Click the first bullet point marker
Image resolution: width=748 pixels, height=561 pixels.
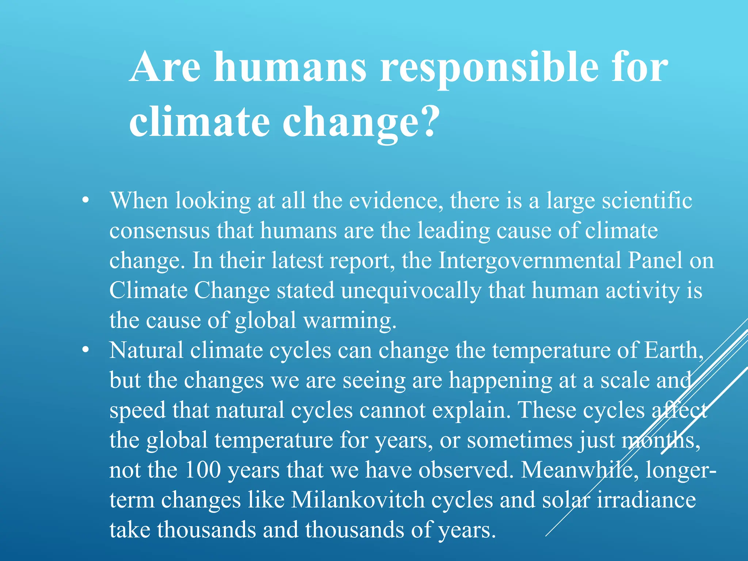click(x=85, y=200)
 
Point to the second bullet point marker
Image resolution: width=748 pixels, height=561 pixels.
click(x=85, y=350)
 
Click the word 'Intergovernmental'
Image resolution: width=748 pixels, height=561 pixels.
click(x=530, y=260)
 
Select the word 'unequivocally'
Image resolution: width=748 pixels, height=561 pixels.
click(x=411, y=291)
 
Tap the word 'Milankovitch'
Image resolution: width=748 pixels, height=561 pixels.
click(x=358, y=499)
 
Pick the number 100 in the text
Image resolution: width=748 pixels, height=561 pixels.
click(x=203, y=470)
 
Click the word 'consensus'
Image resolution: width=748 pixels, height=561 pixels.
click(x=159, y=231)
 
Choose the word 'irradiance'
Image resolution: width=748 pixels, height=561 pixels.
click(x=646, y=500)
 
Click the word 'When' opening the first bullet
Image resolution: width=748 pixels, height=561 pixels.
click(x=139, y=201)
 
